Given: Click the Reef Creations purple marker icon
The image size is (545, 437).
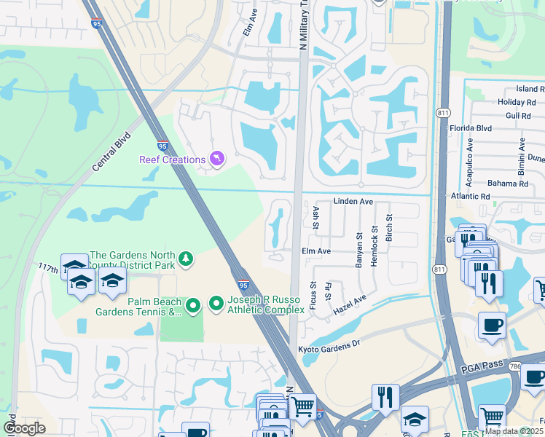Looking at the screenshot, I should point(216,158).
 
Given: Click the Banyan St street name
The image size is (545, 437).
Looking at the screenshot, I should point(358,250).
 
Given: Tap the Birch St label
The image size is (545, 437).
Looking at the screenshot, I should point(389,228).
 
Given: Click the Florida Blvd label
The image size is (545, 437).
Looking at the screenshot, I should point(471,128).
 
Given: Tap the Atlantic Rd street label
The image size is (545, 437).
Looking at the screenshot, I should point(471,196).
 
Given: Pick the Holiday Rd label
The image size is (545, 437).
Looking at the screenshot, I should point(516,102).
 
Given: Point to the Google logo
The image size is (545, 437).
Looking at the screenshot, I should point(24,428).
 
